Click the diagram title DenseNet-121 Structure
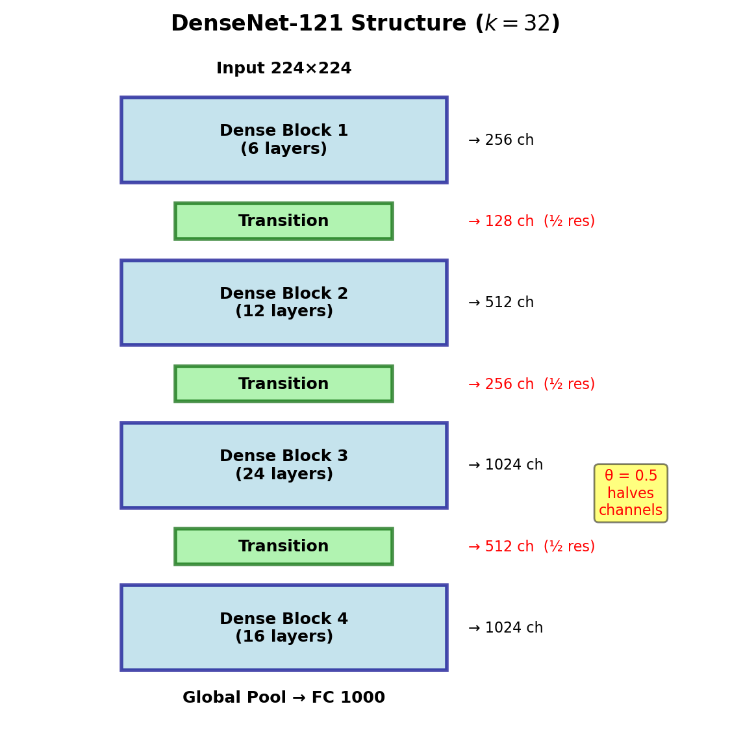(318, 23)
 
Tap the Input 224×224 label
(284, 68)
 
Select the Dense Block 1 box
(284, 140)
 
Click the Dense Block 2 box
(284, 303)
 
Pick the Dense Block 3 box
(284, 465)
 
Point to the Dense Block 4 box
(284, 627)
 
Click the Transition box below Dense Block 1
(284, 221)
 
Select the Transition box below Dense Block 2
(284, 384)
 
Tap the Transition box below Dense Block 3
(284, 546)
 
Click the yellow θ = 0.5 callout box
(631, 493)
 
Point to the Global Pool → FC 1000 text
(284, 697)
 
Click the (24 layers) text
(284, 474)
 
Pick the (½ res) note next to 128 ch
(570, 221)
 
